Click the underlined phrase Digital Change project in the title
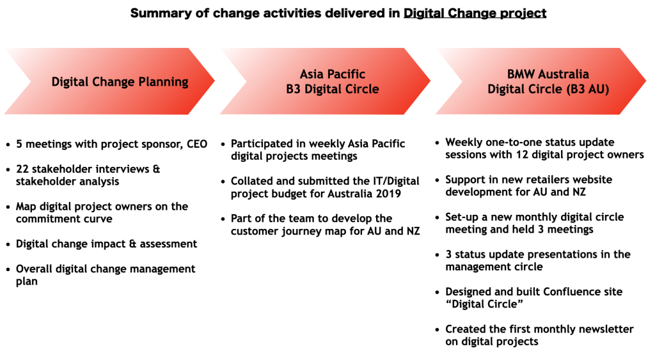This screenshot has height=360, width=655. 475,13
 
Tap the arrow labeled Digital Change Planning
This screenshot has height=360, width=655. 109,81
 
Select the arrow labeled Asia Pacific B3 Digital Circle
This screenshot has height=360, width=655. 325,81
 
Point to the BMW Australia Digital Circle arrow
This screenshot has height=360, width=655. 541,81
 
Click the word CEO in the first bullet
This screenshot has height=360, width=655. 197,144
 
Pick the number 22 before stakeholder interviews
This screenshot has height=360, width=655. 22,169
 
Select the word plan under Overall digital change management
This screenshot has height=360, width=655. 27,282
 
